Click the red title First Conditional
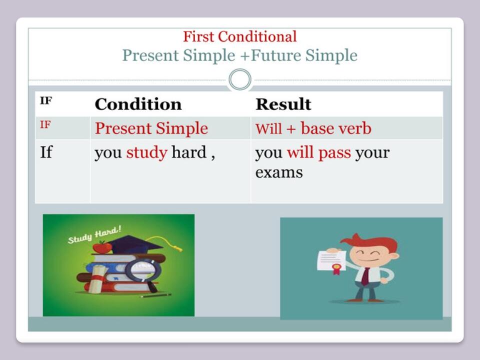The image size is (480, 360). [239, 36]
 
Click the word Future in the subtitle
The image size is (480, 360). [276, 55]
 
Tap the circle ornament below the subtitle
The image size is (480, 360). [240, 79]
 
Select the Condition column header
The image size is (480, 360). [138, 104]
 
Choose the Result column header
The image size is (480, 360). [283, 104]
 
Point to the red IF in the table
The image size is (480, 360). [45, 124]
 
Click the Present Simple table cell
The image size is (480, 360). [151, 128]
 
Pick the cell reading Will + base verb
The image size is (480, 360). [313, 128]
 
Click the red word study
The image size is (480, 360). [146, 152]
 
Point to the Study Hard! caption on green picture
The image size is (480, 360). [94, 235]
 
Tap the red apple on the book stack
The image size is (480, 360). [102, 247]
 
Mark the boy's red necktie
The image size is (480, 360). [365, 276]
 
